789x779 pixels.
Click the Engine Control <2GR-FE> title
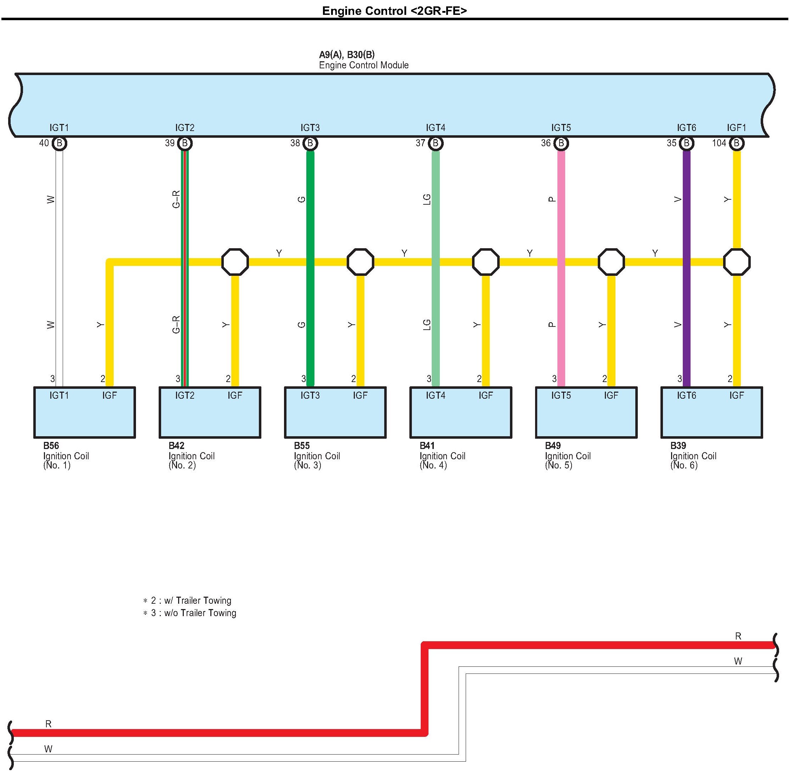pos(394,11)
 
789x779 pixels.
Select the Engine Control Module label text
pos(363,65)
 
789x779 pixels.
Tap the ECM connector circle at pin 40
pos(59,143)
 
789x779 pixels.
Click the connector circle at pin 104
pos(736,143)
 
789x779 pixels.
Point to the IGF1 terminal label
pos(736,128)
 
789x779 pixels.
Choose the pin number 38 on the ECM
pos(295,143)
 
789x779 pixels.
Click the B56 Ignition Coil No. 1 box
pos(85,413)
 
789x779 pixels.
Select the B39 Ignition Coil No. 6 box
pos(711,413)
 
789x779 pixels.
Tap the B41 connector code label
pos(427,445)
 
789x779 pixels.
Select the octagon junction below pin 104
pos(736,262)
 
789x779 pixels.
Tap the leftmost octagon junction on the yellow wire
pos(235,262)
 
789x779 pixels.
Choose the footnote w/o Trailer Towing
pos(200,613)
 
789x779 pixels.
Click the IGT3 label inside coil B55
pos(310,395)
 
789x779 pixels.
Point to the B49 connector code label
pos(552,445)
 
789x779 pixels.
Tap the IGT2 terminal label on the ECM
pos(185,128)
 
